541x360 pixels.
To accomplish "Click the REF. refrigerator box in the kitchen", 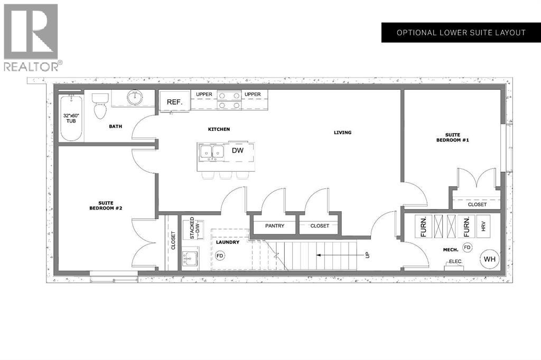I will coord(175,102).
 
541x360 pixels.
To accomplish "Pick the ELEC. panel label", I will coord(456,261).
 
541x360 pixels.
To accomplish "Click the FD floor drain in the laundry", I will coord(220,255).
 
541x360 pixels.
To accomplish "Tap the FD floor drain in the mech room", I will coord(467,247).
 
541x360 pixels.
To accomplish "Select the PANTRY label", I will coord(275,226).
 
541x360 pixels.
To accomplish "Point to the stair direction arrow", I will coord(338,255).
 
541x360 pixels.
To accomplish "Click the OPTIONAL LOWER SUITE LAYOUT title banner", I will coord(461,33).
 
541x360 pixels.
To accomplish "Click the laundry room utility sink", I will coord(190,259).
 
